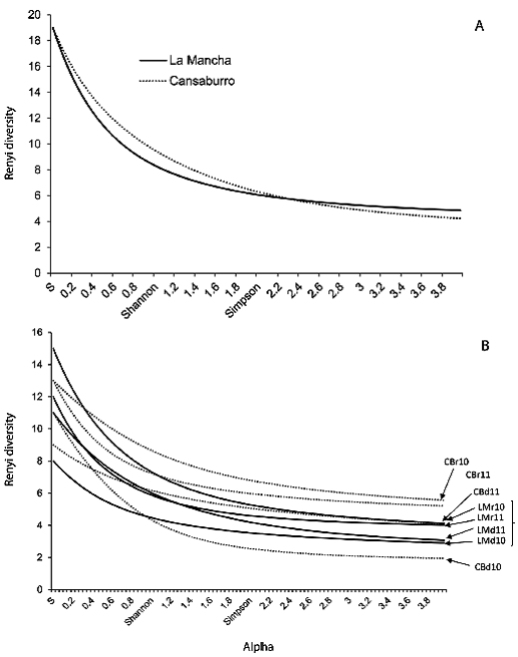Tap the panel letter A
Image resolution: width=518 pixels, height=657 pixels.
coord(479,26)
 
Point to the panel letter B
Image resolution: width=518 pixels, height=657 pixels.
coord(485,346)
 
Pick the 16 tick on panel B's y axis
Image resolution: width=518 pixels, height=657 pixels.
coord(43,332)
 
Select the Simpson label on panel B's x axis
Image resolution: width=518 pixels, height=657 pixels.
coord(238,611)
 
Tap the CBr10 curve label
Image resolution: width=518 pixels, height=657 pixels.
coord(457,462)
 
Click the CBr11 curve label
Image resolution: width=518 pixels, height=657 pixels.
coord(478,475)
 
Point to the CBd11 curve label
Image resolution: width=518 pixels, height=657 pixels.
coord(486,492)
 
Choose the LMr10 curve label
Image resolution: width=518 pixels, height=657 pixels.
coord(491,507)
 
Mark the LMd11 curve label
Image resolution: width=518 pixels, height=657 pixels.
coord(491,530)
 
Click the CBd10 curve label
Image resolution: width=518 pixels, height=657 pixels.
coord(488,567)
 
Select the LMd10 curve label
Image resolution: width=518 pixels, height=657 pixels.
coord(491,540)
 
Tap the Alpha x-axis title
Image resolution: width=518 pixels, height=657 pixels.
coord(259,647)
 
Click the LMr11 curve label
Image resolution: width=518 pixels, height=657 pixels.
coord(491,517)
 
